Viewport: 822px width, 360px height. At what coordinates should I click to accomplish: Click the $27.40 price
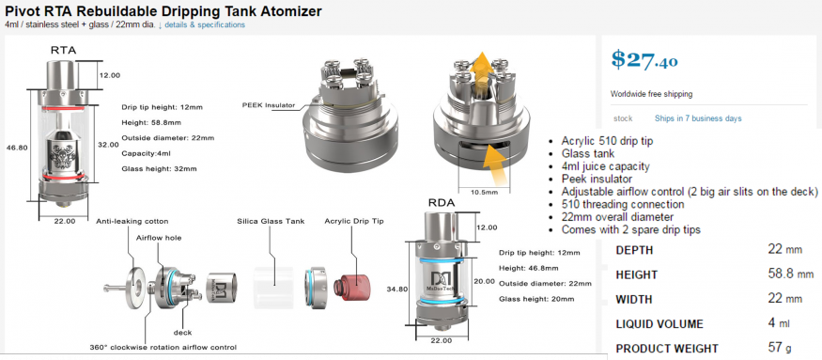point(644,59)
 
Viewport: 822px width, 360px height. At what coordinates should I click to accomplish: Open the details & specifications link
point(205,24)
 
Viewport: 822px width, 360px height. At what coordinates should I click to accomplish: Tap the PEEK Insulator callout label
point(269,105)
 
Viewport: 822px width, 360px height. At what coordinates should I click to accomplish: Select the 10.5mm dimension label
point(485,192)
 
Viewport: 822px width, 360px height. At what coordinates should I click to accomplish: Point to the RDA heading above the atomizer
point(442,203)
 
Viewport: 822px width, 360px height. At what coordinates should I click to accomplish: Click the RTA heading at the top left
point(64,51)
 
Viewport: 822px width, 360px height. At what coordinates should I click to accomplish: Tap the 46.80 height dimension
point(17,148)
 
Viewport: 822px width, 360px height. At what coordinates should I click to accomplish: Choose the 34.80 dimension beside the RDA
point(397,289)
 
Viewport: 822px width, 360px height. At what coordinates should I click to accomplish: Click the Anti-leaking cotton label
point(132,222)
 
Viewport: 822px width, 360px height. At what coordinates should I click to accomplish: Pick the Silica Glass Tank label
point(271,221)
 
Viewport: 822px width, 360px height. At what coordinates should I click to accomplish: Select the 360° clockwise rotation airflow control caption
point(163,348)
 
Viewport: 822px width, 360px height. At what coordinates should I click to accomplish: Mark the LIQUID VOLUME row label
point(659,323)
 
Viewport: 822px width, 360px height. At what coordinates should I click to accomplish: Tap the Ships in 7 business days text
point(698,118)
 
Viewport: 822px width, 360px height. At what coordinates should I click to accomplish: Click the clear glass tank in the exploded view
point(273,287)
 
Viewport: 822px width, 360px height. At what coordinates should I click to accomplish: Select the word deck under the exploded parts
point(182,332)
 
